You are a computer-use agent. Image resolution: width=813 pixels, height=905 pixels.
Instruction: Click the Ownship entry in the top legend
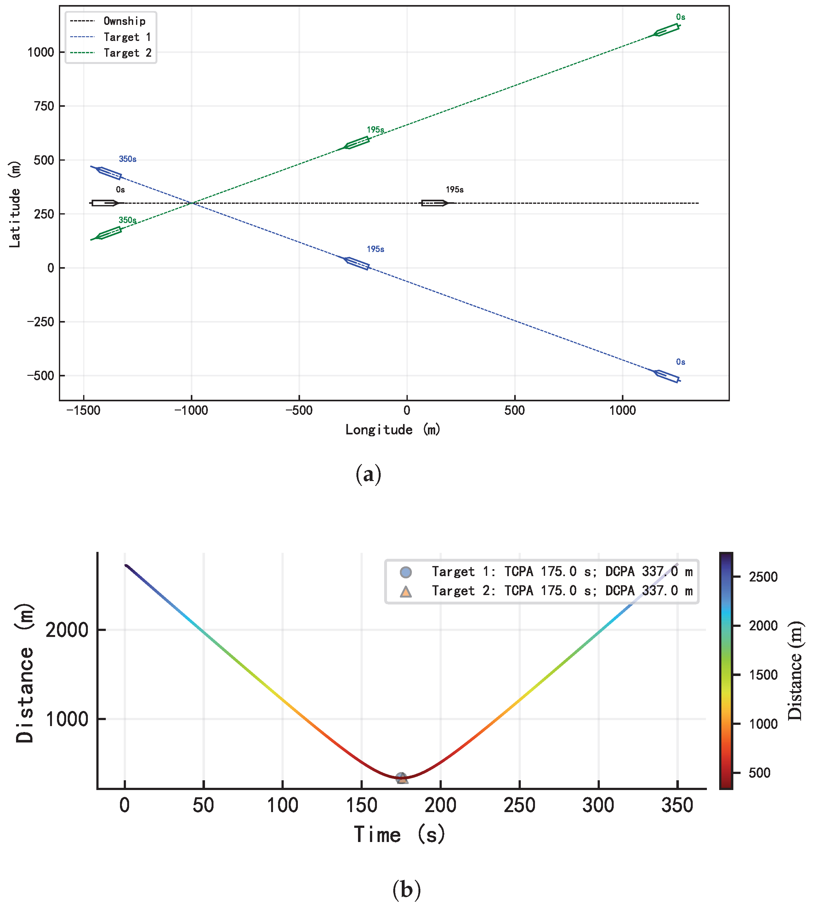(124, 21)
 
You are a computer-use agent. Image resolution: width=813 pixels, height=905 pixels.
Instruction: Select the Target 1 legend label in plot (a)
(127, 37)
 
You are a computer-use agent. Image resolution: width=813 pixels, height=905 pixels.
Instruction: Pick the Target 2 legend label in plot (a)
(127, 53)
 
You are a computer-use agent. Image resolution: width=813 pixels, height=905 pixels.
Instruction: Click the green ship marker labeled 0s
(667, 30)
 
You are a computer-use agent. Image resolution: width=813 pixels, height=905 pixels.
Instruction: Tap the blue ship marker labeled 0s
(667, 376)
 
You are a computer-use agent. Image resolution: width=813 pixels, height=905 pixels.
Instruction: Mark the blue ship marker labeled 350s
(109, 173)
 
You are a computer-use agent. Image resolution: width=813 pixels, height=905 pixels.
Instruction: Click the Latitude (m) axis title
(15, 204)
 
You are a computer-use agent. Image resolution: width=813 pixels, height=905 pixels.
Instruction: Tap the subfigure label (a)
(368, 474)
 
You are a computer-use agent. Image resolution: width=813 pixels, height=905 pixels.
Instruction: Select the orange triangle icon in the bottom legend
(406, 591)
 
